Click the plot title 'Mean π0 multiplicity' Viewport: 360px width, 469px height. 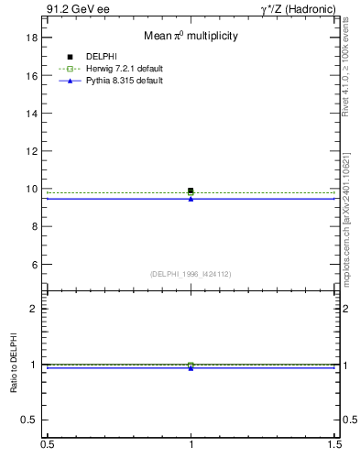pos(191,37)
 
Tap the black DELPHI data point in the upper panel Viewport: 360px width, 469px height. pos(191,191)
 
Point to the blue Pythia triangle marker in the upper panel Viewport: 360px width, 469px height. pos(191,199)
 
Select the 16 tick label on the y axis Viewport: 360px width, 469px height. pos(31,76)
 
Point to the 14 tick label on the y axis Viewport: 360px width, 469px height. pos(31,114)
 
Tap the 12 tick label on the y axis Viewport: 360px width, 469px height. pos(31,151)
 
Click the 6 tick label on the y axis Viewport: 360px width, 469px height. pos(34,265)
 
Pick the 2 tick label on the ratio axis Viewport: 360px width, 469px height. pos(34,309)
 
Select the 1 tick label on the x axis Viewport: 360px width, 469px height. pos(191,443)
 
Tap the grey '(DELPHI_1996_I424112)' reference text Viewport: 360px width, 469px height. pos(191,274)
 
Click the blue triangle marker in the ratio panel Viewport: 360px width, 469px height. pos(191,367)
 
